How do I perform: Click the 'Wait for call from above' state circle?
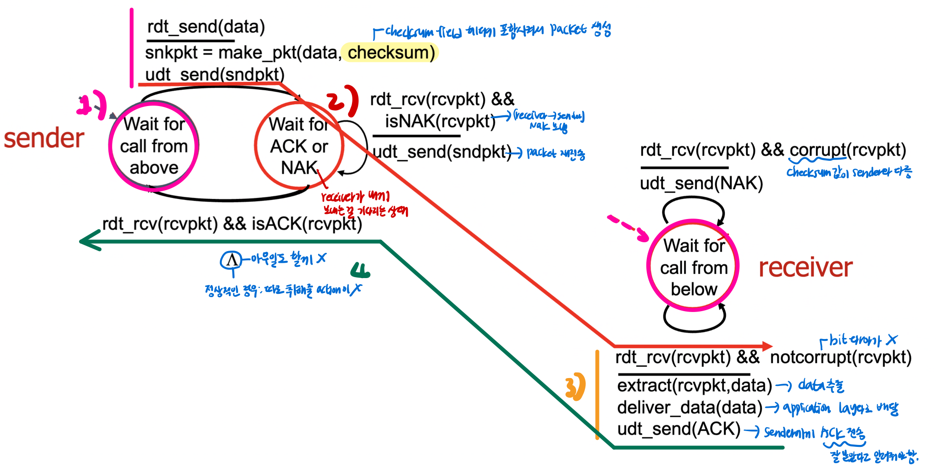tap(153, 146)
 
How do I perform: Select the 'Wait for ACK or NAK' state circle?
tap(299, 146)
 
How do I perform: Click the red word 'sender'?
tap(44, 139)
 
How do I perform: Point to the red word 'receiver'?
tap(805, 267)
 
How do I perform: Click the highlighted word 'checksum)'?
tap(391, 53)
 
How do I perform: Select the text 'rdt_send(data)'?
tap(206, 27)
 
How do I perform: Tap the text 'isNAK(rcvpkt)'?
tap(440, 121)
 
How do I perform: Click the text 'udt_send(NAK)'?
tap(701, 184)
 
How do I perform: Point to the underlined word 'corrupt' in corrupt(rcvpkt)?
tap(817, 150)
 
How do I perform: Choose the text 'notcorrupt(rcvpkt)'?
tap(841, 358)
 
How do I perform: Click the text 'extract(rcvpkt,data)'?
tap(694, 385)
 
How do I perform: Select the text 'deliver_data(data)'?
tap(690, 407)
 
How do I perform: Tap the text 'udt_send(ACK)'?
tap(678, 429)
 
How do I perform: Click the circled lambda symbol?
tap(232, 260)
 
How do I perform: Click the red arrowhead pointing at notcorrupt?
tap(766, 346)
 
